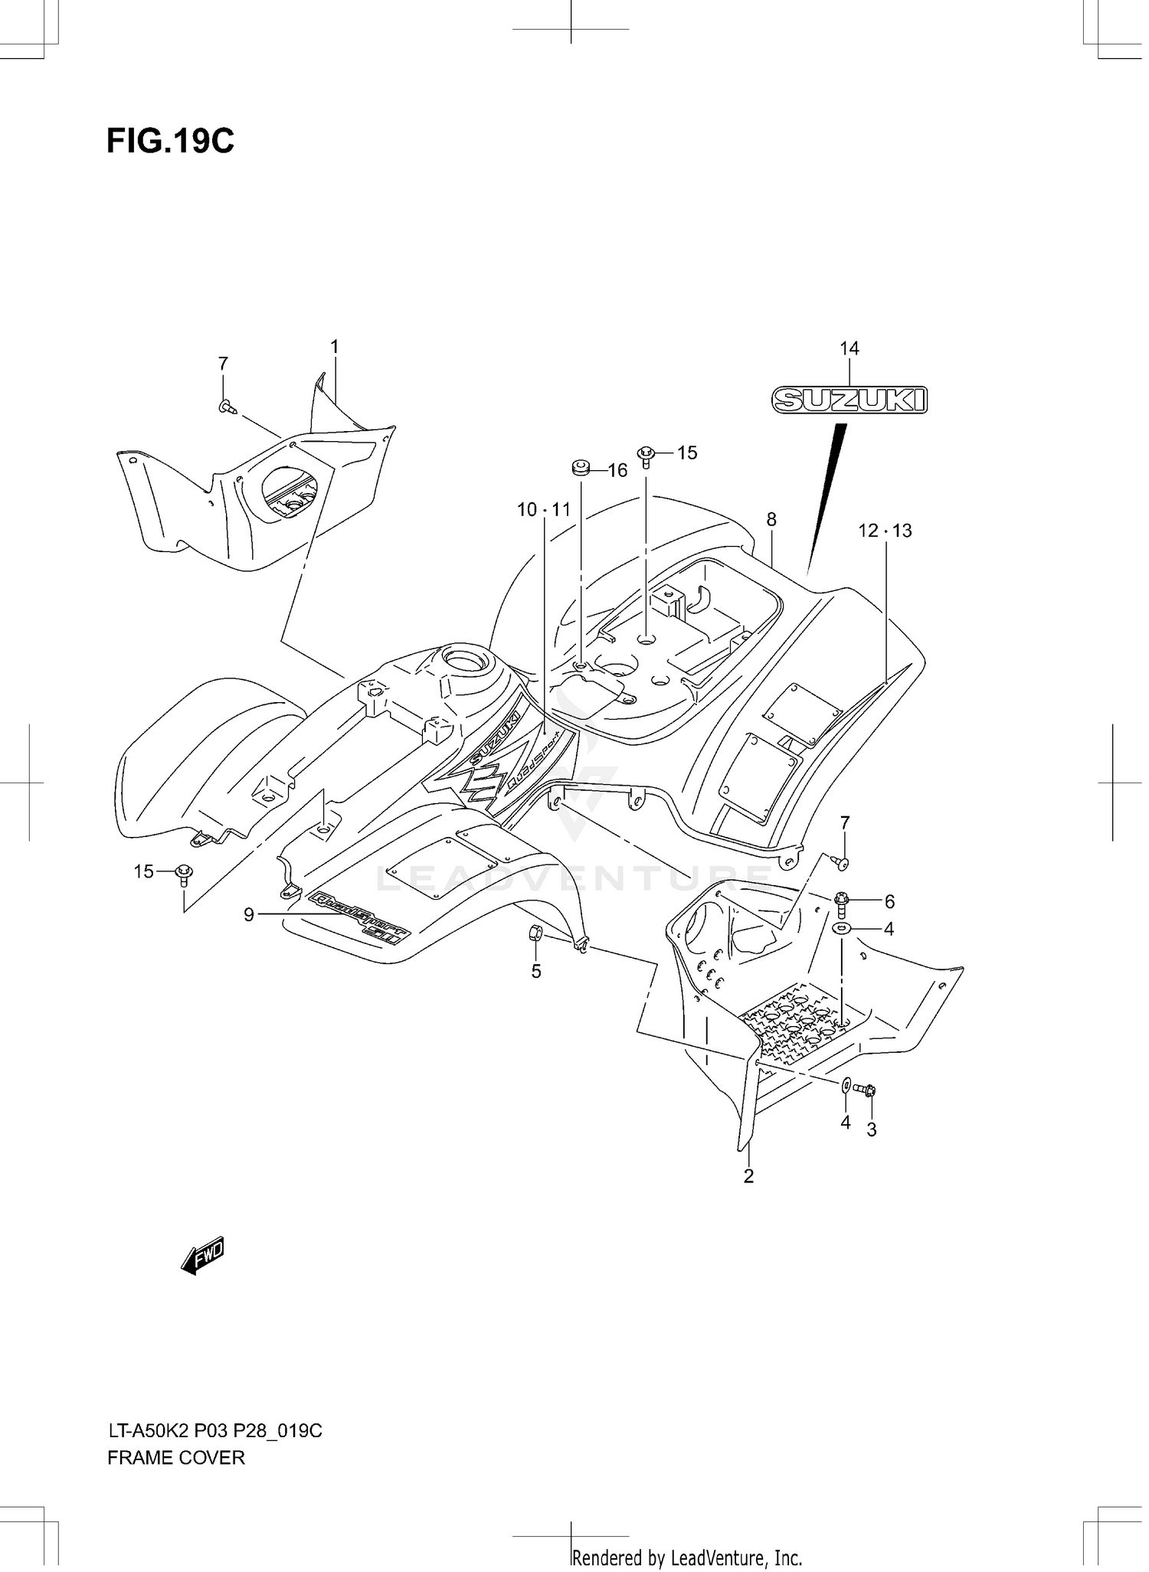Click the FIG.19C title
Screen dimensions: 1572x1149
(x=170, y=142)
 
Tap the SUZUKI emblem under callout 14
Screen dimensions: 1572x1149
(x=849, y=400)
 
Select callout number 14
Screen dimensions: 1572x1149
(x=849, y=349)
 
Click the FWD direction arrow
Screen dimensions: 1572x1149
(x=202, y=1256)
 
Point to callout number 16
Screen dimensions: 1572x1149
(x=617, y=471)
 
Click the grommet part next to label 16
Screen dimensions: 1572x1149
(x=581, y=466)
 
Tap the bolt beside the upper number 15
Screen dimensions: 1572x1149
(x=646, y=456)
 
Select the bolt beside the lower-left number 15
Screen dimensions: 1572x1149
(x=184, y=873)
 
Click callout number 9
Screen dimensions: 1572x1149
(x=249, y=914)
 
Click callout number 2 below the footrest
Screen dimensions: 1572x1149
(x=748, y=1176)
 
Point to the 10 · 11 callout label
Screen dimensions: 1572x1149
(x=544, y=510)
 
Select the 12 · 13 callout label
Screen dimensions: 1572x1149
(x=885, y=531)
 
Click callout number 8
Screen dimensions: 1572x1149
(x=771, y=520)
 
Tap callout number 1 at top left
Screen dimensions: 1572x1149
(x=334, y=347)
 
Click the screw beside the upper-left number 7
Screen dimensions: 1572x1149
(x=226, y=407)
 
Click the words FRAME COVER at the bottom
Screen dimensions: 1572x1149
(x=176, y=1458)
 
